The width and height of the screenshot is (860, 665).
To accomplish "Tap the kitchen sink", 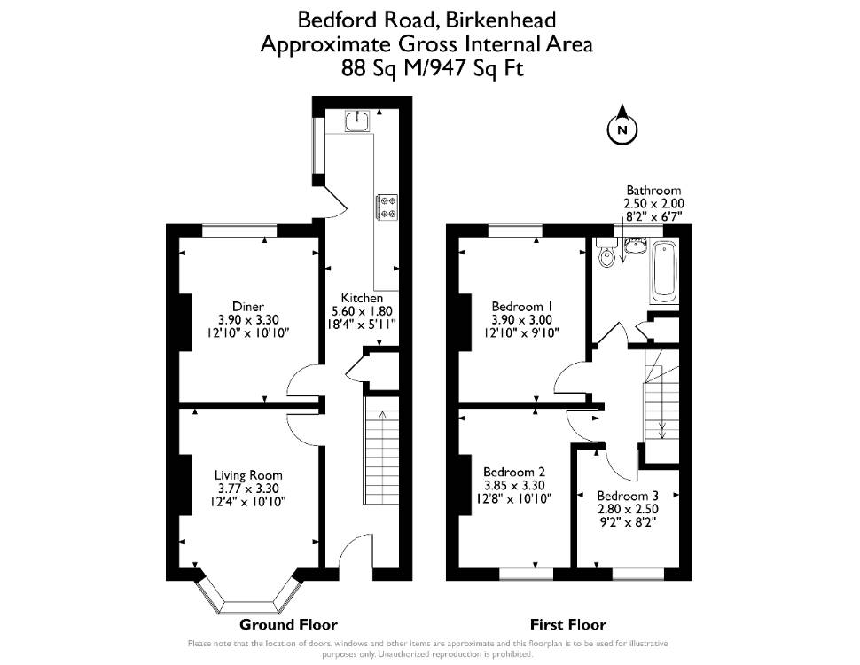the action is [x=357, y=121].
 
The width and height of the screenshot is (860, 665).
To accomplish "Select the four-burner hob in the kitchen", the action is [x=387, y=207].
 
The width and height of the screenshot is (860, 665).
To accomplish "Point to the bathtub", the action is [x=664, y=271].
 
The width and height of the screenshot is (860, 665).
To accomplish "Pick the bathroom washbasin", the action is [x=636, y=246].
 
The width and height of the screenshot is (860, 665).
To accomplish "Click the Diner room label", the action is [x=248, y=307].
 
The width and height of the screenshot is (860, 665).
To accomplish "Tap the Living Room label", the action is [x=248, y=475].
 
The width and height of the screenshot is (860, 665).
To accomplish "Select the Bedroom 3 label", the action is [x=628, y=496].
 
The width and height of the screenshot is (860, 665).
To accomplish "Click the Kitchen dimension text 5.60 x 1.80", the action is [x=362, y=311].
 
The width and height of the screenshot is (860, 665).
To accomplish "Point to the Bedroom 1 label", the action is [x=521, y=306].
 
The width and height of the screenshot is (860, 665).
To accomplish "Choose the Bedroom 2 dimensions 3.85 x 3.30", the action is [x=514, y=486].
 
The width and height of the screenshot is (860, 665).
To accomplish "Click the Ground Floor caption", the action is [x=288, y=624].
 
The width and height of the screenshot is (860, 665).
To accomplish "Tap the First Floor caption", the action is [x=568, y=624].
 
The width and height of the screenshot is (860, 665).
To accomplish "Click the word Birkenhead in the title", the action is [x=500, y=20].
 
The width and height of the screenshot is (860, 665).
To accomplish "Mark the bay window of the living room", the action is [x=248, y=598].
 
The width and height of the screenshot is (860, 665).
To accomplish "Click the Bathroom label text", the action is [x=653, y=191].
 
